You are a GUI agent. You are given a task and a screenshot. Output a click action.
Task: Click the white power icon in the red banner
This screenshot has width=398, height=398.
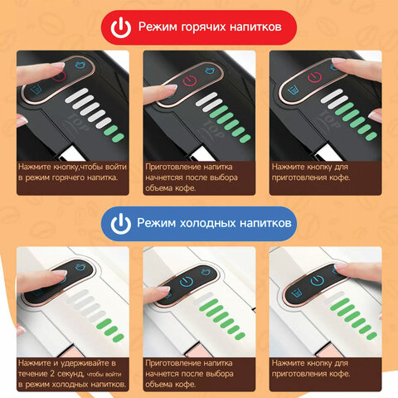[x=121, y=27]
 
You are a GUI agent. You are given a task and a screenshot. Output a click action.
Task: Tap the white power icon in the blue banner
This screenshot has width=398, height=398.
[x=121, y=224]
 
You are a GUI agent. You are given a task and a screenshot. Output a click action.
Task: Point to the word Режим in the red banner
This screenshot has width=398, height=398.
[x=158, y=27]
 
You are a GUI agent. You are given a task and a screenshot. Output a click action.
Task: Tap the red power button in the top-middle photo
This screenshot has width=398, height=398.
[x=190, y=80]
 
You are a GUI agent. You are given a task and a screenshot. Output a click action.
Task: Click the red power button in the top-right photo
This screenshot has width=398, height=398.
[x=315, y=77]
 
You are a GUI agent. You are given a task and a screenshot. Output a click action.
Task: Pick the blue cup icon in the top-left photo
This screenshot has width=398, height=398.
[x=36, y=90]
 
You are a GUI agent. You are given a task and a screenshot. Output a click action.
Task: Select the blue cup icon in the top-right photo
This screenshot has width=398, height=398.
[x=294, y=90]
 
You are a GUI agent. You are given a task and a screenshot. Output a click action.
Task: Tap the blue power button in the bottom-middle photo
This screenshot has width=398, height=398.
[x=186, y=282]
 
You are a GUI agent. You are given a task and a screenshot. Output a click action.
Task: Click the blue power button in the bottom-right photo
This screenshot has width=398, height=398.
[x=317, y=280]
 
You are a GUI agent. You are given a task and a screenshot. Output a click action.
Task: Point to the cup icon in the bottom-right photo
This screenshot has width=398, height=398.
[x=297, y=293]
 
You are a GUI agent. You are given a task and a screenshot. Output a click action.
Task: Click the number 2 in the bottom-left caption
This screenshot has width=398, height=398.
[x=52, y=374]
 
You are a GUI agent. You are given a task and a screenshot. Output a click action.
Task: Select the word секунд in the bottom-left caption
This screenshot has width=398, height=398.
[x=70, y=374]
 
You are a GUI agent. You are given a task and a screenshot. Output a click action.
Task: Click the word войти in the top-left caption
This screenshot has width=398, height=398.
[x=116, y=167]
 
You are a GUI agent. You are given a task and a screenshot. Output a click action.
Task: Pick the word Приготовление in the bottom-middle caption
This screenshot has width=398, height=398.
[x=169, y=363]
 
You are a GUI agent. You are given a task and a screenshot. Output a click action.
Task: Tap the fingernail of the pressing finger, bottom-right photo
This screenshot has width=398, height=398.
[x=341, y=267]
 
